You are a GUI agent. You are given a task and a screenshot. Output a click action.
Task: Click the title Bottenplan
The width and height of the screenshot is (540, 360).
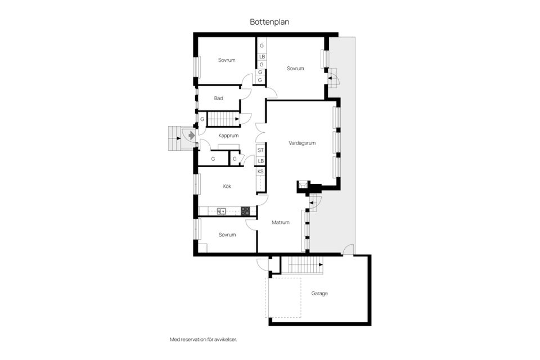point(269,21)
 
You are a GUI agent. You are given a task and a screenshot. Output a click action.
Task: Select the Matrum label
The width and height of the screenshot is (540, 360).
point(280,222)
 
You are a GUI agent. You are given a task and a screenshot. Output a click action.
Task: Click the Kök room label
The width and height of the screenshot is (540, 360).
point(227,186)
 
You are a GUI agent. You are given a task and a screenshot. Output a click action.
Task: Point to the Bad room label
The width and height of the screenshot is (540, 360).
point(218,98)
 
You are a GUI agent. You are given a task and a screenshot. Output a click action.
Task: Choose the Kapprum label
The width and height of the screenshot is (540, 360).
point(229,136)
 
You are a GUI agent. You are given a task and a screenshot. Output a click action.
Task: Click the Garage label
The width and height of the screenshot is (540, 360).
point(319,293)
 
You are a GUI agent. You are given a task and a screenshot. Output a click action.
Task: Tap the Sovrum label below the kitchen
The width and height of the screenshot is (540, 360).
point(227,235)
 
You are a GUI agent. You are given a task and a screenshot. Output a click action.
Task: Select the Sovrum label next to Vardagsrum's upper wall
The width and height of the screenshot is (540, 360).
point(295,69)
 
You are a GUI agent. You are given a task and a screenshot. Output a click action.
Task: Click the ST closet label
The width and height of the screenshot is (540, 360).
point(260,150)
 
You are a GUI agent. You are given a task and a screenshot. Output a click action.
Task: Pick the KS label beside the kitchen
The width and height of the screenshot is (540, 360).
point(260,172)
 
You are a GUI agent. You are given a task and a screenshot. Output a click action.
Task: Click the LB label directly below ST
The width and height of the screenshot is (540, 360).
point(260,161)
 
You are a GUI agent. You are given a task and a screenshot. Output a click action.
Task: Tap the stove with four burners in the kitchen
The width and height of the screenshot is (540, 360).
point(245,211)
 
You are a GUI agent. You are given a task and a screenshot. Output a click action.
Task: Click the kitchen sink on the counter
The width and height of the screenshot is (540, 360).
point(222,211)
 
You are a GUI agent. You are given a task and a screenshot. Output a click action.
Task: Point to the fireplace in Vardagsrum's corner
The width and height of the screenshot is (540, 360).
point(303,185)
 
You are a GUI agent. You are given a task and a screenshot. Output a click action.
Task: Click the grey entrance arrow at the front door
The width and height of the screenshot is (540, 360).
point(191,136)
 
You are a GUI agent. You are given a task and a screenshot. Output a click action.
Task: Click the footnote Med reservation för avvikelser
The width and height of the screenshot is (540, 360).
point(203,339)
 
